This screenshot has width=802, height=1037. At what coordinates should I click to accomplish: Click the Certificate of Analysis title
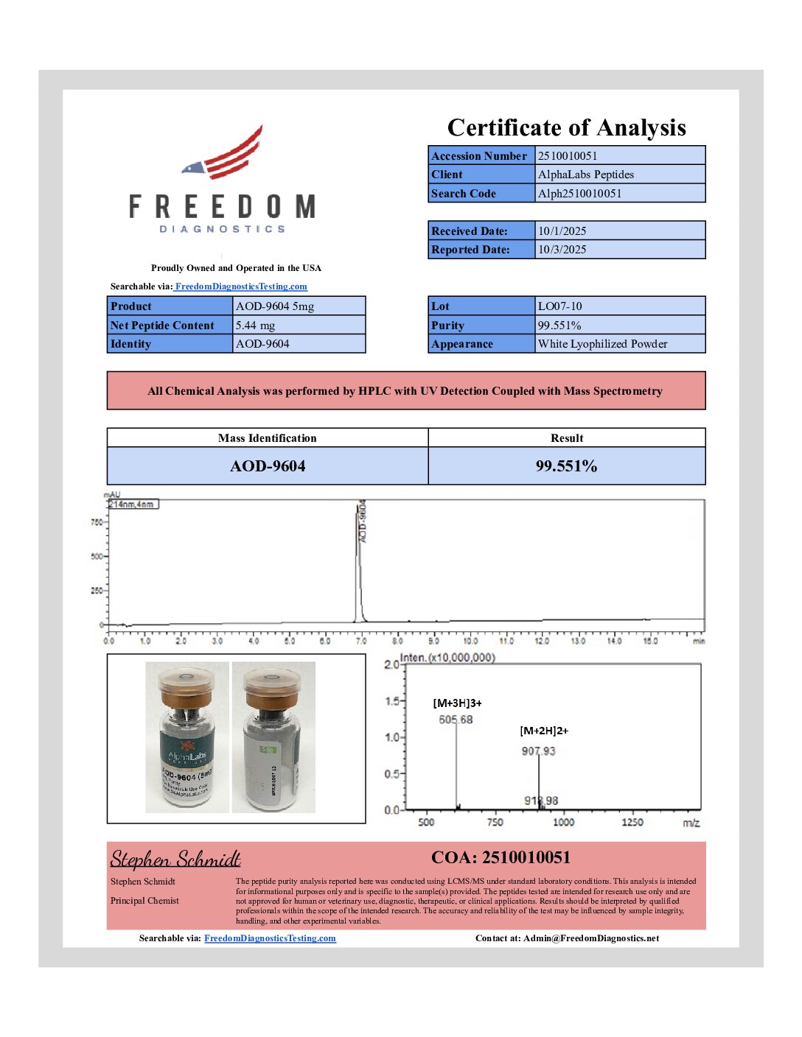(x=566, y=127)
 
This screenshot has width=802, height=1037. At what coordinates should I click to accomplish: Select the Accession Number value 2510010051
(x=568, y=155)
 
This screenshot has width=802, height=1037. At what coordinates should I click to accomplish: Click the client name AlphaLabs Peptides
(x=585, y=175)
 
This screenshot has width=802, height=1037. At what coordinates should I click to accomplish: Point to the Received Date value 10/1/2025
(x=562, y=231)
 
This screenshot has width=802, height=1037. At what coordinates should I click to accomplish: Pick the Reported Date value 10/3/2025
(x=562, y=250)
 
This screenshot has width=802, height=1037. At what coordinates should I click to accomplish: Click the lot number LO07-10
(x=559, y=306)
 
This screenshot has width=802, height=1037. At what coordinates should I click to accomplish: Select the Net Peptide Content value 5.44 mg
(x=255, y=326)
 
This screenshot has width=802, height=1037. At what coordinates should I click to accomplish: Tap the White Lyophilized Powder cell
(x=602, y=344)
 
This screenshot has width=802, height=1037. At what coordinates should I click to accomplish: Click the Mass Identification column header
(x=267, y=438)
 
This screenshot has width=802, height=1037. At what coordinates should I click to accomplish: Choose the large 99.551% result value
(x=566, y=466)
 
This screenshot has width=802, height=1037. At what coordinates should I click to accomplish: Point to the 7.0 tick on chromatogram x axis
(x=361, y=641)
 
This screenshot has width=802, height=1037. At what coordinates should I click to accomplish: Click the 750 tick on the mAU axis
(x=97, y=522)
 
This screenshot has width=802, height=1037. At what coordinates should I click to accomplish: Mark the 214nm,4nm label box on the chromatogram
(x=133, y=505)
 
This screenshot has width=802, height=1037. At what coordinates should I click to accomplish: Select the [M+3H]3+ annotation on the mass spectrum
(x=457, y=703)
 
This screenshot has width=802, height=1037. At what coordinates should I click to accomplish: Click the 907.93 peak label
(x=538, y=751)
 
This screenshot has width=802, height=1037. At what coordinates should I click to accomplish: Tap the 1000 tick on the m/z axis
(x=563, y=822)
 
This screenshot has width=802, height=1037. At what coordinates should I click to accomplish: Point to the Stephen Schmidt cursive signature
(x=175, y=860)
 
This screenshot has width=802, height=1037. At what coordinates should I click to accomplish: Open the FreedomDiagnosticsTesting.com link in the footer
(x=270, y=938)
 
